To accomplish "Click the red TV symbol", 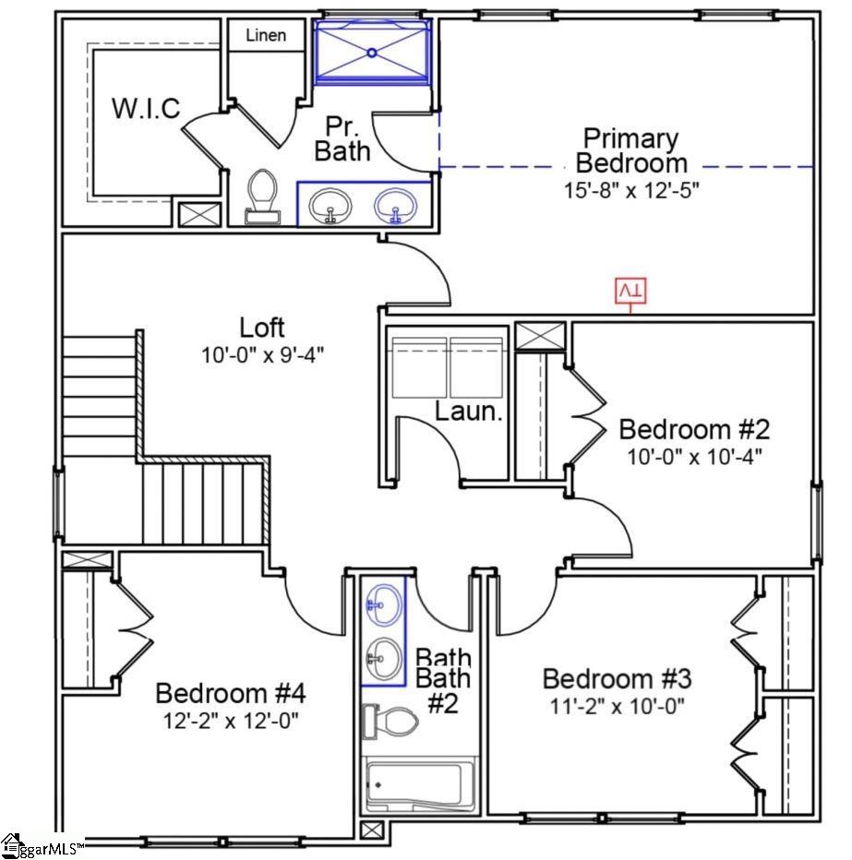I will tap(631, 291).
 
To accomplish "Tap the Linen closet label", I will tap(266, 36).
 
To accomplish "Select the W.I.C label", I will tap(146, 108).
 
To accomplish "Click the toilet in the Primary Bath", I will tap(263, 196).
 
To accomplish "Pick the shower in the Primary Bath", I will tap(372, 53).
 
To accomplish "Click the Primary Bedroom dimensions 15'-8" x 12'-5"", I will tap(632, 190).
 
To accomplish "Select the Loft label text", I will tap(262, 328).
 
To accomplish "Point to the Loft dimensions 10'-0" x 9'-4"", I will tap(263, 353).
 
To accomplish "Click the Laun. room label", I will tap(469, 412).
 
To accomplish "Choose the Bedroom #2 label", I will tap(693, 429).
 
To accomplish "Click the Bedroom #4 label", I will tap(230, 692).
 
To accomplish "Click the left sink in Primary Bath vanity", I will tap(328, 205).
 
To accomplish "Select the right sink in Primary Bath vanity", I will tap(395, 205).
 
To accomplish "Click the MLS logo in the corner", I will tap(42, 845).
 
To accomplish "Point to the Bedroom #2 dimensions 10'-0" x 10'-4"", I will tap(693, 455).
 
